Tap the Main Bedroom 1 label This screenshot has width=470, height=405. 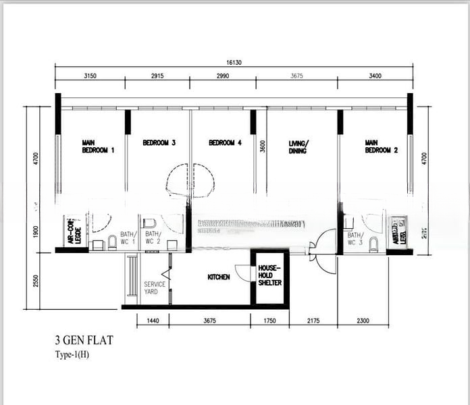pos(98,146)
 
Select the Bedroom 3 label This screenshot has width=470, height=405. pos(159,143)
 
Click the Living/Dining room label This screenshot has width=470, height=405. pos(297,146)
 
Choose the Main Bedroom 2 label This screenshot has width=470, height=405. pos(382,146)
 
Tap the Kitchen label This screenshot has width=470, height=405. pos(218,277)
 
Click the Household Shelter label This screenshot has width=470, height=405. pos(269,275)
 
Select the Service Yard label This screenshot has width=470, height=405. pos(155,288)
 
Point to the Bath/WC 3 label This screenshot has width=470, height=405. pos(355,238)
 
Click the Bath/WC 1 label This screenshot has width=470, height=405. pos(128,238)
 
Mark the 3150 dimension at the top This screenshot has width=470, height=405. pos(90,76)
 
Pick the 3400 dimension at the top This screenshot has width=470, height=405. pos(376,76)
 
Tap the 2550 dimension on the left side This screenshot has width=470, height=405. pos(36,279)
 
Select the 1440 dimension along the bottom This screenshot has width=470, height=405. pos(153,321)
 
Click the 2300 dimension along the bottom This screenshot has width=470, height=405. pos(363,321)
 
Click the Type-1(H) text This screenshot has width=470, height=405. pos(72,355)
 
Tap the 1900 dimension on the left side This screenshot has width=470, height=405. pos(36,232)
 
